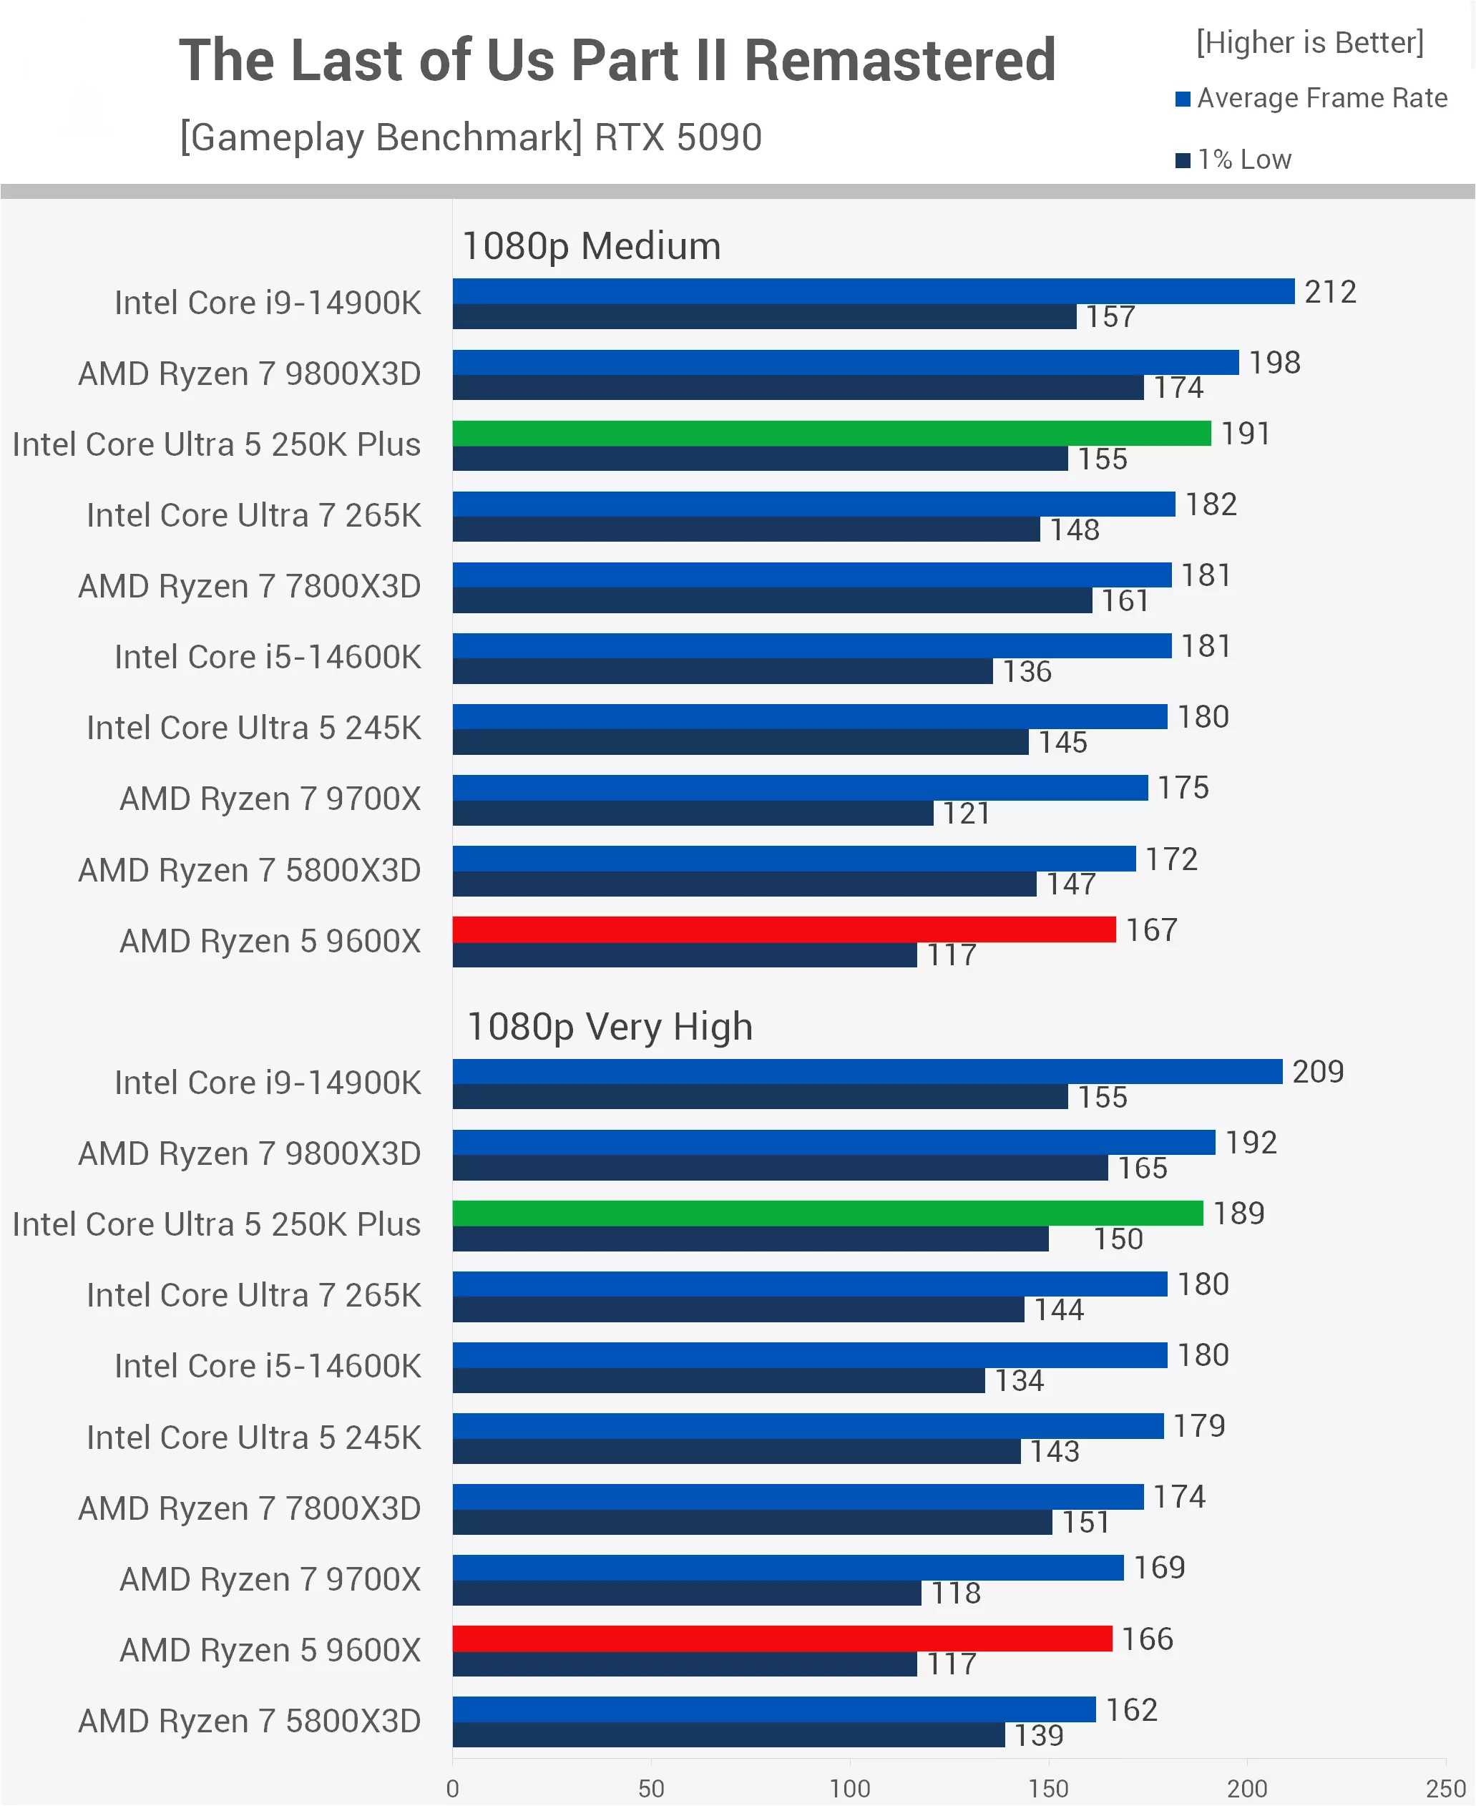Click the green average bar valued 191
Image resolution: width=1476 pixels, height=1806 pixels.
831,434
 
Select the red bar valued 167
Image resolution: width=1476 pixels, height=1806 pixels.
784,929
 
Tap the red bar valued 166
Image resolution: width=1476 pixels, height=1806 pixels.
782,1639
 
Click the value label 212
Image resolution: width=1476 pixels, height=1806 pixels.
1330,292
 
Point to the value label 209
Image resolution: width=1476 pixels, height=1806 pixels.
1318,1071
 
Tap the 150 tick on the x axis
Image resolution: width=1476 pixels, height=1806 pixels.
1048,1788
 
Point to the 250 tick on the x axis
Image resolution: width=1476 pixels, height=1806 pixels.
1445,1788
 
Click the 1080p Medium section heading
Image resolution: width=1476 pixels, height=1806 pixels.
591,247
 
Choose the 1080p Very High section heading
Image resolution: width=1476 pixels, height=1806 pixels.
610,1027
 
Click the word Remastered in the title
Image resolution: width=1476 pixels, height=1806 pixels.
899,62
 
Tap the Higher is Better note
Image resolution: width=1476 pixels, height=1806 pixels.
1309,42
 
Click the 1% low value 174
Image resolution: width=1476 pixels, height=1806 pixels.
1178,388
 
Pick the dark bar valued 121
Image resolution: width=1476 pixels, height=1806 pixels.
693,813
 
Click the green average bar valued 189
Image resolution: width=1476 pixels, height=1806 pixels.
827,1214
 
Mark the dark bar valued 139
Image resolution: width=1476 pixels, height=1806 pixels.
728,1735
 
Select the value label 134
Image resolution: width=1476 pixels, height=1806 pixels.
1019,1381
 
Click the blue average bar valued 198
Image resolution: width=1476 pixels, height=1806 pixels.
845,362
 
